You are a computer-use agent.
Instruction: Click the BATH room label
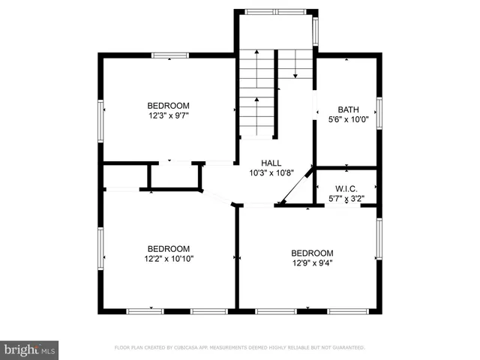point(348,109)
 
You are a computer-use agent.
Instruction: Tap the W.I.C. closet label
point(346,188)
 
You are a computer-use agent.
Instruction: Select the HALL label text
point(271,163)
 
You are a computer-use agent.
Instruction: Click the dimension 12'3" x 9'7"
point(168,116)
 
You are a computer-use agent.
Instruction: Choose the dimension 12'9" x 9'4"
point(312,263)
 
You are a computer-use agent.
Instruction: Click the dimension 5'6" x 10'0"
point(348,118)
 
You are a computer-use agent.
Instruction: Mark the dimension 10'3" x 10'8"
point(271,172)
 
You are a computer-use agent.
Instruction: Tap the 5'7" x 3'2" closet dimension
point(346,199)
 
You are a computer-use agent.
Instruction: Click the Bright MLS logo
point(30,349)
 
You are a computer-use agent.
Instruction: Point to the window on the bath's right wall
point(379,112)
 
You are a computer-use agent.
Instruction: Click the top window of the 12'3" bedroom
point(170,55)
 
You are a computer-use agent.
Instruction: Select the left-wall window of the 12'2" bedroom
point(100,247)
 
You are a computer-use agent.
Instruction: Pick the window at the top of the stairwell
point(276,12)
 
